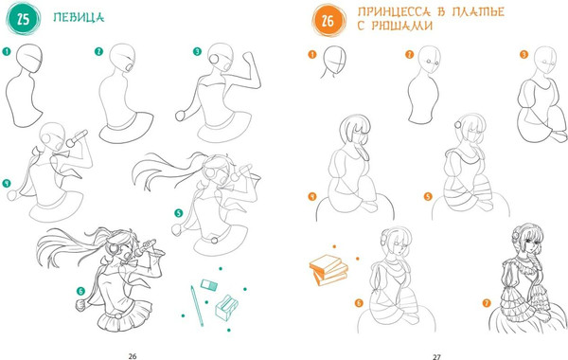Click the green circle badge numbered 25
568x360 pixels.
click(23, 19)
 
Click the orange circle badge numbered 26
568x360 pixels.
click(328, 20)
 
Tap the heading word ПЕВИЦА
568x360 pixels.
click(79, 17)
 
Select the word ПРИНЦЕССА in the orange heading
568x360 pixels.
click(394, 11)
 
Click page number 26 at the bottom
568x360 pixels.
click(133, 356)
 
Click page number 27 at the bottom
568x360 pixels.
click(436, 357)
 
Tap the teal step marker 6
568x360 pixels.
click(80, 291)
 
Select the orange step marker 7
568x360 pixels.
click(487, 302)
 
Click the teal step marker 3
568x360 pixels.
click(197, 51)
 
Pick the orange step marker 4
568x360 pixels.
click(312, 196)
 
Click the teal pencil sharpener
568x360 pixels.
click(227, 308)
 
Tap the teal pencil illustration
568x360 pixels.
click(197, 306)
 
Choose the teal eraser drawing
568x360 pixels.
click(209, 285)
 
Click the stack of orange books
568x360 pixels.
click(328, 269)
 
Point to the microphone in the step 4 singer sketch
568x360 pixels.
click(77, 138)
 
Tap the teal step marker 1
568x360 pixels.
click(7, 51)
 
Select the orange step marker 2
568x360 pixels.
click(409, 54)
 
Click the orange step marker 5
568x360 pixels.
click(428, 196)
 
